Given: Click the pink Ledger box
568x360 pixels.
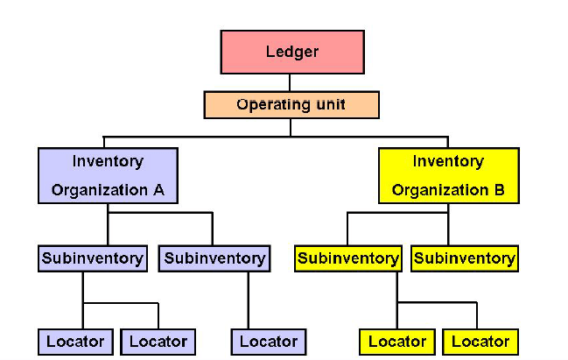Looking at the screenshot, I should (x=291, y=52).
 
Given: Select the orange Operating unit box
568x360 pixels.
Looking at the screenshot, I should (x=291, y=104).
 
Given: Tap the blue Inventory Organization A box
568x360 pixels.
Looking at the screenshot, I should (x=108, y=175).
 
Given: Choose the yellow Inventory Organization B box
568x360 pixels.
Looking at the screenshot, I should (x=448, y=175).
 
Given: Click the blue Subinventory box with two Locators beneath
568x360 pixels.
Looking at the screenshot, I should (x=91, y=258).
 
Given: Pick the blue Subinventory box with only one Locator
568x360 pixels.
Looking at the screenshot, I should (x=214, y=258).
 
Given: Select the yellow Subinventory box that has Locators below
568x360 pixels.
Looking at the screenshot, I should (x=348, y=258).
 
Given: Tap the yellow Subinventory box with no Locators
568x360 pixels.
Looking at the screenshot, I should (x=464, y=258).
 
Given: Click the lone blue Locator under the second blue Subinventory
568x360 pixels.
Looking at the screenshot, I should (x=269, y=341).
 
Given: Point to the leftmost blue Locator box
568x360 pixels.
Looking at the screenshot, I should (x=75, y=341).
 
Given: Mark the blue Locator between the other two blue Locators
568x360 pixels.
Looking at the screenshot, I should (x=158, y=341).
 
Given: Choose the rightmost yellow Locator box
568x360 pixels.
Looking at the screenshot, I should (x=480, y=341).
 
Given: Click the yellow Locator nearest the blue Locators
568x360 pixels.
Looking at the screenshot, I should (x=397, y=341).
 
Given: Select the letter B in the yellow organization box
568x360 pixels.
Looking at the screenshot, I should (x=498, y=190).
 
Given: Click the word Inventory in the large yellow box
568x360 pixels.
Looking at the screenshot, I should (x=448, y=161).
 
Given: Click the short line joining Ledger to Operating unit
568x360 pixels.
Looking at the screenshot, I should (x=291, y=82).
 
